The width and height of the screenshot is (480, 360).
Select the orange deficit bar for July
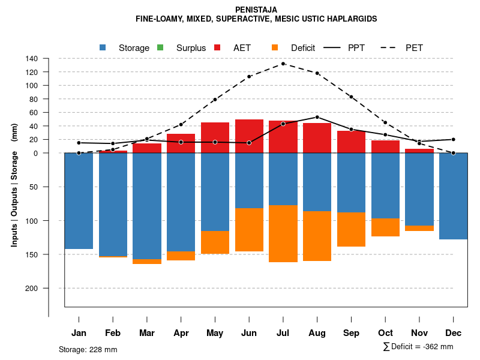point(283,233)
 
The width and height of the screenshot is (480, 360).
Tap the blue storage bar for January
point(79,201)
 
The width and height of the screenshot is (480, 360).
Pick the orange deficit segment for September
point(351,229)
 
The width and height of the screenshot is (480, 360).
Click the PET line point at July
point(283,64)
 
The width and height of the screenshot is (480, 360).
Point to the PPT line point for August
point(317,117)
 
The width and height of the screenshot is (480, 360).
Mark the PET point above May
point(215,100)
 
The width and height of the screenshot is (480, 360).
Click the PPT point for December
point(454,139)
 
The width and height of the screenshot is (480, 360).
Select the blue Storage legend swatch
point(103,47)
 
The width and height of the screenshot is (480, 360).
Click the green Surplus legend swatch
point(160,47)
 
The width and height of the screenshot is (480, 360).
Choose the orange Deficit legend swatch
point(275,47)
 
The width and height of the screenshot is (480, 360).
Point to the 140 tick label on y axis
point(32,59)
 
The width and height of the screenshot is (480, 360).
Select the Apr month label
point(181,333)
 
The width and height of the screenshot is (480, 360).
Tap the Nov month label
point(419,333)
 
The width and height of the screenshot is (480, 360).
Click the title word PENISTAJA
point(256,10)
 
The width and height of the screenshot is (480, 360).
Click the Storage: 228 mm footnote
point(88,349)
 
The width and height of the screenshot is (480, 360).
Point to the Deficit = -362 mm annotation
point(418,347)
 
